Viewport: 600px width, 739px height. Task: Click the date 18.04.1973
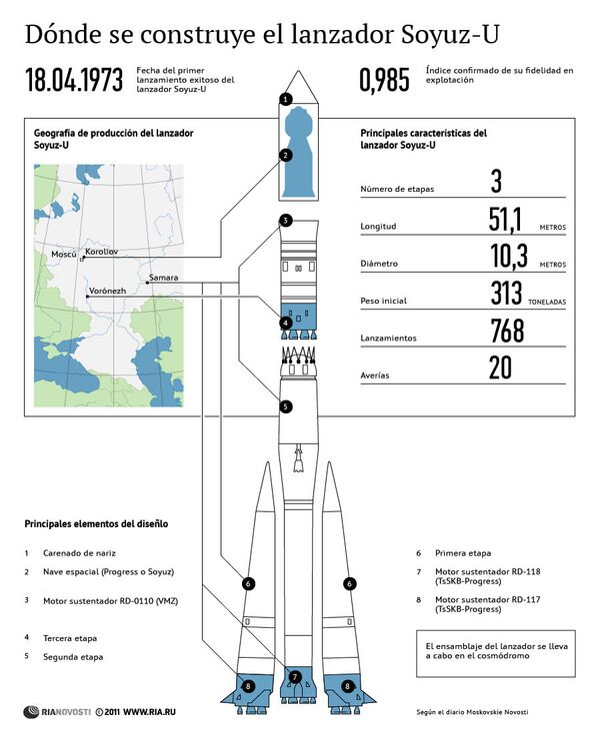74,81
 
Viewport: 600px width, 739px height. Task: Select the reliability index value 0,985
384,81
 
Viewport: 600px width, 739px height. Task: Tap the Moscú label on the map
64,256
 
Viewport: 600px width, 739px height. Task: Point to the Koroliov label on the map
102,252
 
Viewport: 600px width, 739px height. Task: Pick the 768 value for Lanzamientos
508,331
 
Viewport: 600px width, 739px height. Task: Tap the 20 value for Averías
500,368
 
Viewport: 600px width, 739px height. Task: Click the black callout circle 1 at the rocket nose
286,99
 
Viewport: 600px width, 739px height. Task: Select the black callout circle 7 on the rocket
295,677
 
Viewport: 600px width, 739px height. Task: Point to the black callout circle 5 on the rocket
286,406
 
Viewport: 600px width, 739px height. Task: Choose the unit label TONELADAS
547,301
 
